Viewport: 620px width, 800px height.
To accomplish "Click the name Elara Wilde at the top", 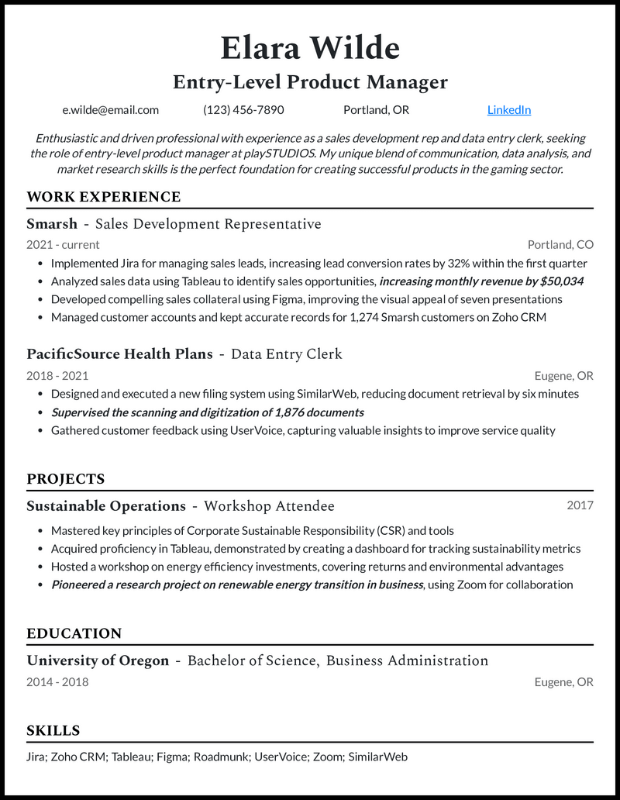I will (x=310, y=48).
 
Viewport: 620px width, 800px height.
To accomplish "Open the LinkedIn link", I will (x=508, y=110).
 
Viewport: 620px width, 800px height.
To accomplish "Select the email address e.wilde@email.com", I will (x=111, y=110).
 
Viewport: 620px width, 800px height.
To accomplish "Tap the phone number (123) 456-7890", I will (x=243, y=110).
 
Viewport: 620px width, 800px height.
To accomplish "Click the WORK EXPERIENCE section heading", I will (x=103, y=197).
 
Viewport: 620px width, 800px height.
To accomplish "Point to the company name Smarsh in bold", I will (x=52, y=224).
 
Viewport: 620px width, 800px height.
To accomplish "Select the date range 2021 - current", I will (x=63, y=245).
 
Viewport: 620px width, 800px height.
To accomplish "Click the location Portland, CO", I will (x=560, y=245).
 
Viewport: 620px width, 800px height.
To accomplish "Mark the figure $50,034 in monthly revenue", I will (x=560, y=281).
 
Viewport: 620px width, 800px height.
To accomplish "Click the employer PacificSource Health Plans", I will (x=119, y=354).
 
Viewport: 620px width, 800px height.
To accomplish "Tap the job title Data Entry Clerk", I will (x=287, y=354).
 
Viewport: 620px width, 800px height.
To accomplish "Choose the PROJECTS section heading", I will (x=65, y=479).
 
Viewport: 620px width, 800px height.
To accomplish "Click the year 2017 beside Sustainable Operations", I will (x=580, y=505).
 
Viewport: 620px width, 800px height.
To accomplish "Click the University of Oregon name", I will (x=98, y=661).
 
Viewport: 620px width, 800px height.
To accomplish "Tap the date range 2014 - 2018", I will (x=57, y=682).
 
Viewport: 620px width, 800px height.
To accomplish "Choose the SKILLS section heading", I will (x=53, y=730).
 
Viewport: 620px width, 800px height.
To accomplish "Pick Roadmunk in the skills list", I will (x=220, y=757).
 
